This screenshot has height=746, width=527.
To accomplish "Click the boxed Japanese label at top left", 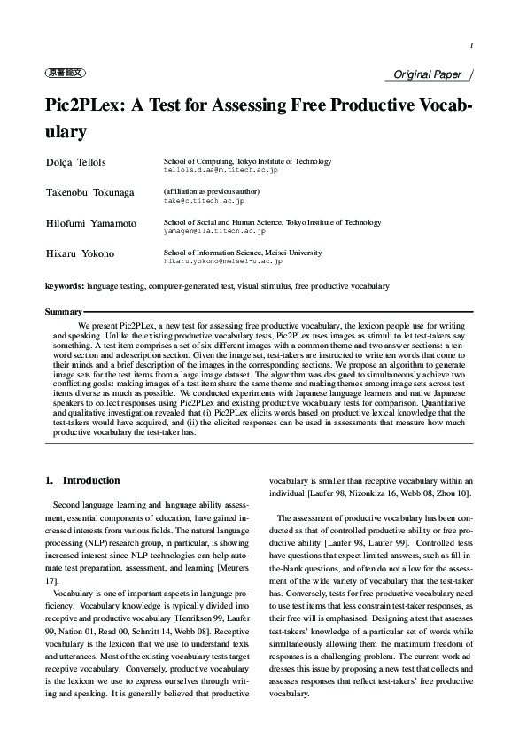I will click(65, 74).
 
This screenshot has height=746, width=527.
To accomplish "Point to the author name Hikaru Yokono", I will click(80, 254).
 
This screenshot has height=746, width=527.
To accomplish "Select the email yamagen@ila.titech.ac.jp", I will click(214, 231).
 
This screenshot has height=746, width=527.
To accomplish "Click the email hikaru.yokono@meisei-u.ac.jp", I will click(223, 261).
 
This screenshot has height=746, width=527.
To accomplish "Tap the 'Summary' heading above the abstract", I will click(63, 313).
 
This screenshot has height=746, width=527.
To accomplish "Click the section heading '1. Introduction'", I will click(82, 480).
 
